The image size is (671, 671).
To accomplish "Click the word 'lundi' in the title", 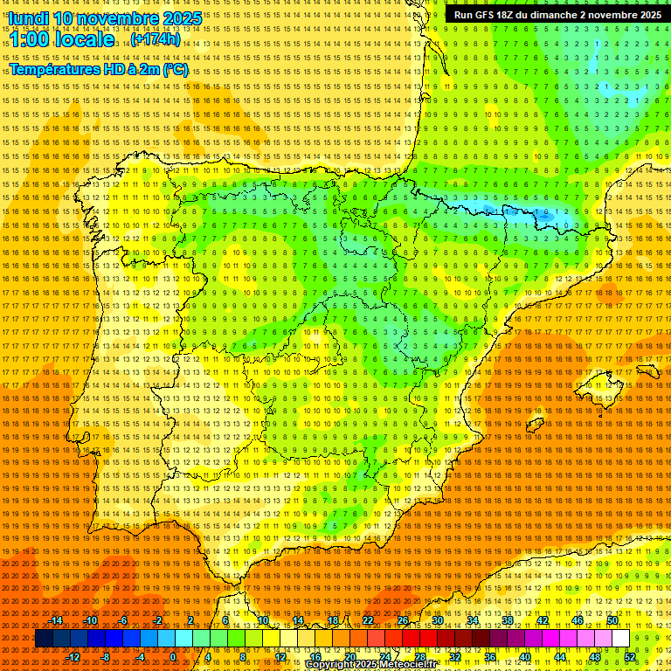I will (28, 18).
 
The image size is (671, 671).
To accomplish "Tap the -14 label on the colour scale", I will (57, 620).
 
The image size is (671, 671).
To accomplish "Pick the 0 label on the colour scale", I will (173, 657).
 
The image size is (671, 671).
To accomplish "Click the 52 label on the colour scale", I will (630, 657).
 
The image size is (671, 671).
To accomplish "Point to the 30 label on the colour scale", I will (438, 620).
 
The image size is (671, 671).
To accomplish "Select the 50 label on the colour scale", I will (612, 620).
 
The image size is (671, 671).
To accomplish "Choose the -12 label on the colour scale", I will (74, 657).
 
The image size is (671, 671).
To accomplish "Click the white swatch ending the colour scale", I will (621, 639).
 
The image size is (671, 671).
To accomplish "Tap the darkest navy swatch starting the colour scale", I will (44, 639).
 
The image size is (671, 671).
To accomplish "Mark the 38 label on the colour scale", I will (508, 620).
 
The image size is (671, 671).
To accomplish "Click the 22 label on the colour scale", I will (368, 620).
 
